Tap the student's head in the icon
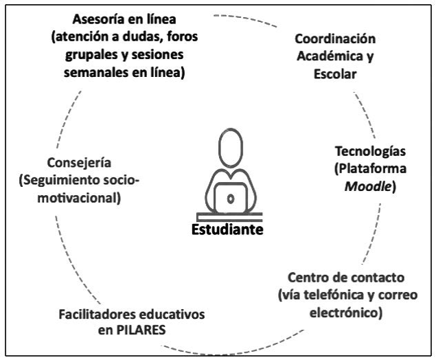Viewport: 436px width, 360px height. click(228, 144)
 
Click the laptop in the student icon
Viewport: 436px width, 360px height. click(230, 199)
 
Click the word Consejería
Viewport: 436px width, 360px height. click(78, 163)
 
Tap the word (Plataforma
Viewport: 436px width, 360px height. click(376, 168)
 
